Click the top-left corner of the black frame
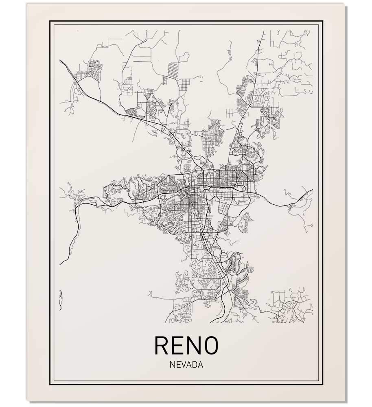pos(50,21)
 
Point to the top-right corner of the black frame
pos(322,21)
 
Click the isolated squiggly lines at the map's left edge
pos(61,299)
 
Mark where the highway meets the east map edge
pos(312,190)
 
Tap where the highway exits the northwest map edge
pos(60,60)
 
